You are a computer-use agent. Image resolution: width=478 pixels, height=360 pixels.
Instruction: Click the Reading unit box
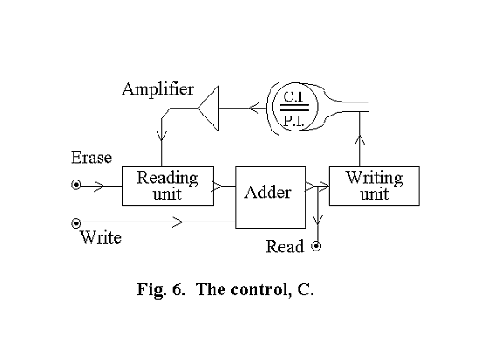[167, 186]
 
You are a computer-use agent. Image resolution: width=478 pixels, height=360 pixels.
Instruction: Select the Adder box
[271, 192]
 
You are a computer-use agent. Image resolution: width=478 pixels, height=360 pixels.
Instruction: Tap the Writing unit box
[374, 186]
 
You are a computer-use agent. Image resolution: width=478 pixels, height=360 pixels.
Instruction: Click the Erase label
[91, 158]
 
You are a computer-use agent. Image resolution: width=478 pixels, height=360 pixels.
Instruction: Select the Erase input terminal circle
[77, 186]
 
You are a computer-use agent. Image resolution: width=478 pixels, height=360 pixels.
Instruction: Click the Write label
[100, 237]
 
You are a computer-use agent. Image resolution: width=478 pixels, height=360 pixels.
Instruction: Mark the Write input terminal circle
[77, 223]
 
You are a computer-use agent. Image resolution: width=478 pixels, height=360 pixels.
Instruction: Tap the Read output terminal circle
[316, 246]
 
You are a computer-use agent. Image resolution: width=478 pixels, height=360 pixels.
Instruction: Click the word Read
[285, 247]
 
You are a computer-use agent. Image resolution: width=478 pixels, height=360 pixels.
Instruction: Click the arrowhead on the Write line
[179, 223]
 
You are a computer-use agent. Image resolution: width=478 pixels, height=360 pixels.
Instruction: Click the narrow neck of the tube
[350, 107]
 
